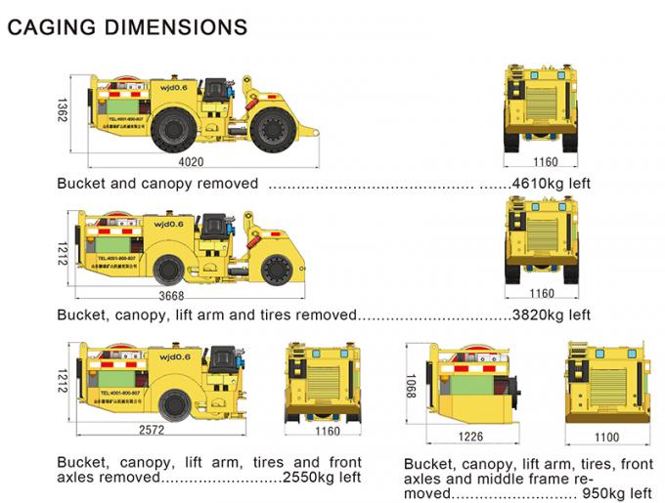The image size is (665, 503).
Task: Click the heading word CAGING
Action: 46,26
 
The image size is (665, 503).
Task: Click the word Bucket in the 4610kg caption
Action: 79,183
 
